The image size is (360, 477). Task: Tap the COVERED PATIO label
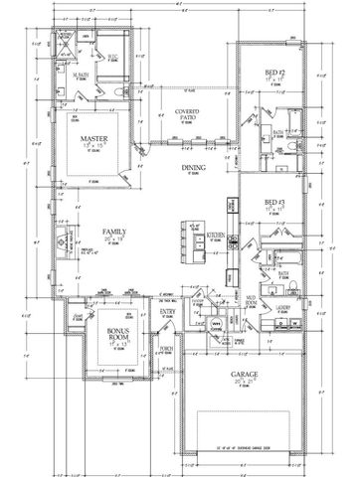183,114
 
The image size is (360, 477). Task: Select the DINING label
194,169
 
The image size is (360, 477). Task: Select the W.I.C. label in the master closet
112,57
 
